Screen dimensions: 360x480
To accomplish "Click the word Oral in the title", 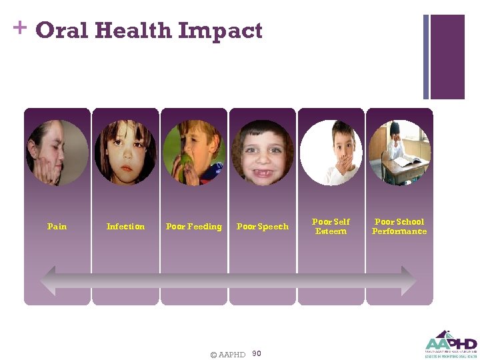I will pyautogui.click(x=61, y=31).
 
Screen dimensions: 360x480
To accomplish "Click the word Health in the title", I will pyautogui.click(x=133, y=31).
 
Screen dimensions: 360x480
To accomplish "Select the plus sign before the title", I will pyautogui.click(x=19, y=27).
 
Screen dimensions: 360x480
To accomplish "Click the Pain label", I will pyautogui.click(x=57, y=227).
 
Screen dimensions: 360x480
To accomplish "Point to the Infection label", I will pyautogui.click(x=125, y=227).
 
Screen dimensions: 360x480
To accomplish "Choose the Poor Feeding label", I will pyautogui.click(x=193, y=227).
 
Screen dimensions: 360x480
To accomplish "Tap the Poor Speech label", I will pyautogui.click(x=263, y=227).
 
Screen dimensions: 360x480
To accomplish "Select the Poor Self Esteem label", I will pyautogui.click(x=331, y=227).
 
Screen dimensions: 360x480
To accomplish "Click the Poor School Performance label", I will pyautogui.click(x=399, y=227).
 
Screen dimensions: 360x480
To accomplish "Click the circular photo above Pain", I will pyautogui.click(x=57, y=153).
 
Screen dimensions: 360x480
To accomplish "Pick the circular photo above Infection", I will pyautogui.click(x=125, y=153).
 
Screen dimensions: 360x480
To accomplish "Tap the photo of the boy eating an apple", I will pyautogui.click(x=193, y=153).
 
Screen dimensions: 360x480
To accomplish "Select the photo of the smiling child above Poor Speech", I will pyautogui.click(x=263, y=153).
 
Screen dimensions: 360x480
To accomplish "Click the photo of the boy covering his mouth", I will pyautogui.click(x=331, y=153).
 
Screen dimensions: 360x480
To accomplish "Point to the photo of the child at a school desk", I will pyautogui.click(x=399, y=153).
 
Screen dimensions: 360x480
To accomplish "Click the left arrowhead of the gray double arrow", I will pyautogui.click(x=49, y=281).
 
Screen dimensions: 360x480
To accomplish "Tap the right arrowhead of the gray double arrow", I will pyautogui.click(x=409, y=281).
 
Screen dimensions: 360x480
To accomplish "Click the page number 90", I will pyautogui.click(x=257, y=354).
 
